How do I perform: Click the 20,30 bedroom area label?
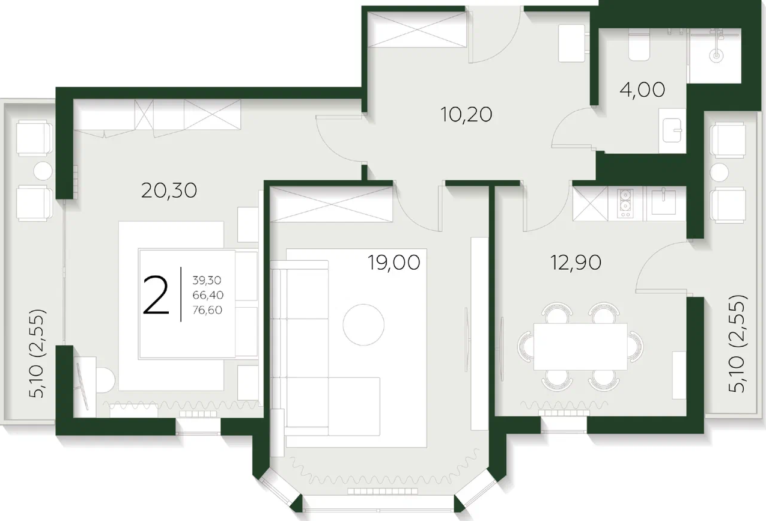tap(169, 190)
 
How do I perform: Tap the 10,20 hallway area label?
tap(466, 114)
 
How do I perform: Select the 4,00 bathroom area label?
tap(642, 90)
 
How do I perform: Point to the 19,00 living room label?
tap(394, 263)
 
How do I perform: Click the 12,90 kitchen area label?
tap(576, 263)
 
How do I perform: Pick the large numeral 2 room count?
tap(156, 295)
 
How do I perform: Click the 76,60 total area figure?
tap(207, 310)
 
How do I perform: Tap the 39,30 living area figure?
tap(207, 280)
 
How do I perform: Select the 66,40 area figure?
tap(208, 295)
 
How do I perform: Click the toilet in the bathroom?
tap(639, 45)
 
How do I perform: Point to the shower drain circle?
tap(716, 56)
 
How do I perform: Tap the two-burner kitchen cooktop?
tap(625, 204)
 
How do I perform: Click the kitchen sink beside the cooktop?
tap(663, 202)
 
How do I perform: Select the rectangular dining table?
tap(580, 347)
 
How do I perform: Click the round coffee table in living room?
tap(363, 324)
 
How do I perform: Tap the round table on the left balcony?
tap(43, 171)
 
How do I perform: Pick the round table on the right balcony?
tap(719, 172)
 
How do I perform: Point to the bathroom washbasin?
tap(672, 130)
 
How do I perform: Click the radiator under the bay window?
tap(383, 491)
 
